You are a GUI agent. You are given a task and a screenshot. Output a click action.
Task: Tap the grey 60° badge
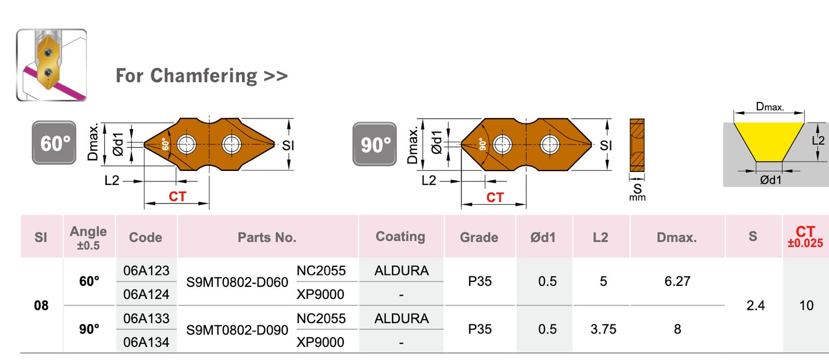coord(54,143)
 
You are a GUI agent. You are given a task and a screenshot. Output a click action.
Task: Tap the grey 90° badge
coord(375,144)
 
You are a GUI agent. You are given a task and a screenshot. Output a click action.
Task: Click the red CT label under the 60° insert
coord(177,197)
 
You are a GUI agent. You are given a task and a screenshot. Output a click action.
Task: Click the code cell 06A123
coord(146,270)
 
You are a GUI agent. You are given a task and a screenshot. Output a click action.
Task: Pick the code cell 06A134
coord(146,342)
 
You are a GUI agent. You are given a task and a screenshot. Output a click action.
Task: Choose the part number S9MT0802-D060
coord(237,282)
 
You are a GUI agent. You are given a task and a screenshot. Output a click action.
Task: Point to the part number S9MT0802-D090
coord(237,330)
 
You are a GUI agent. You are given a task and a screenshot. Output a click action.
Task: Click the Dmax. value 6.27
coord(677,281)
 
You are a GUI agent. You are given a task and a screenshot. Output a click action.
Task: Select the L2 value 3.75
coord(603,329)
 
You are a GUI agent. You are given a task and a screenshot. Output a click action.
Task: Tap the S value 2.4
coord(755,306)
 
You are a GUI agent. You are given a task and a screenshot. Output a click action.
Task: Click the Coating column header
coord(400,237)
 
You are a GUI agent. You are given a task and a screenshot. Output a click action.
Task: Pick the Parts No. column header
coord(267,237)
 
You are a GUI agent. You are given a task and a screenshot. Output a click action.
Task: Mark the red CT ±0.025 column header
coord(805,236)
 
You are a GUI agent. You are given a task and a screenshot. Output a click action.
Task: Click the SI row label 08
coord(41,306)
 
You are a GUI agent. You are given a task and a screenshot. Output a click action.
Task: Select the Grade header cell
coord(479,237)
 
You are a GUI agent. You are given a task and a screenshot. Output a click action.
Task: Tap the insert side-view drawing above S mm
coord(637,146)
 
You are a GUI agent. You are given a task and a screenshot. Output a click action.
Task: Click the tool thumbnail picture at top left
coord(51,65)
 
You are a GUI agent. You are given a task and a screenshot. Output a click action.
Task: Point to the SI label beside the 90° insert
coord(606,146)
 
